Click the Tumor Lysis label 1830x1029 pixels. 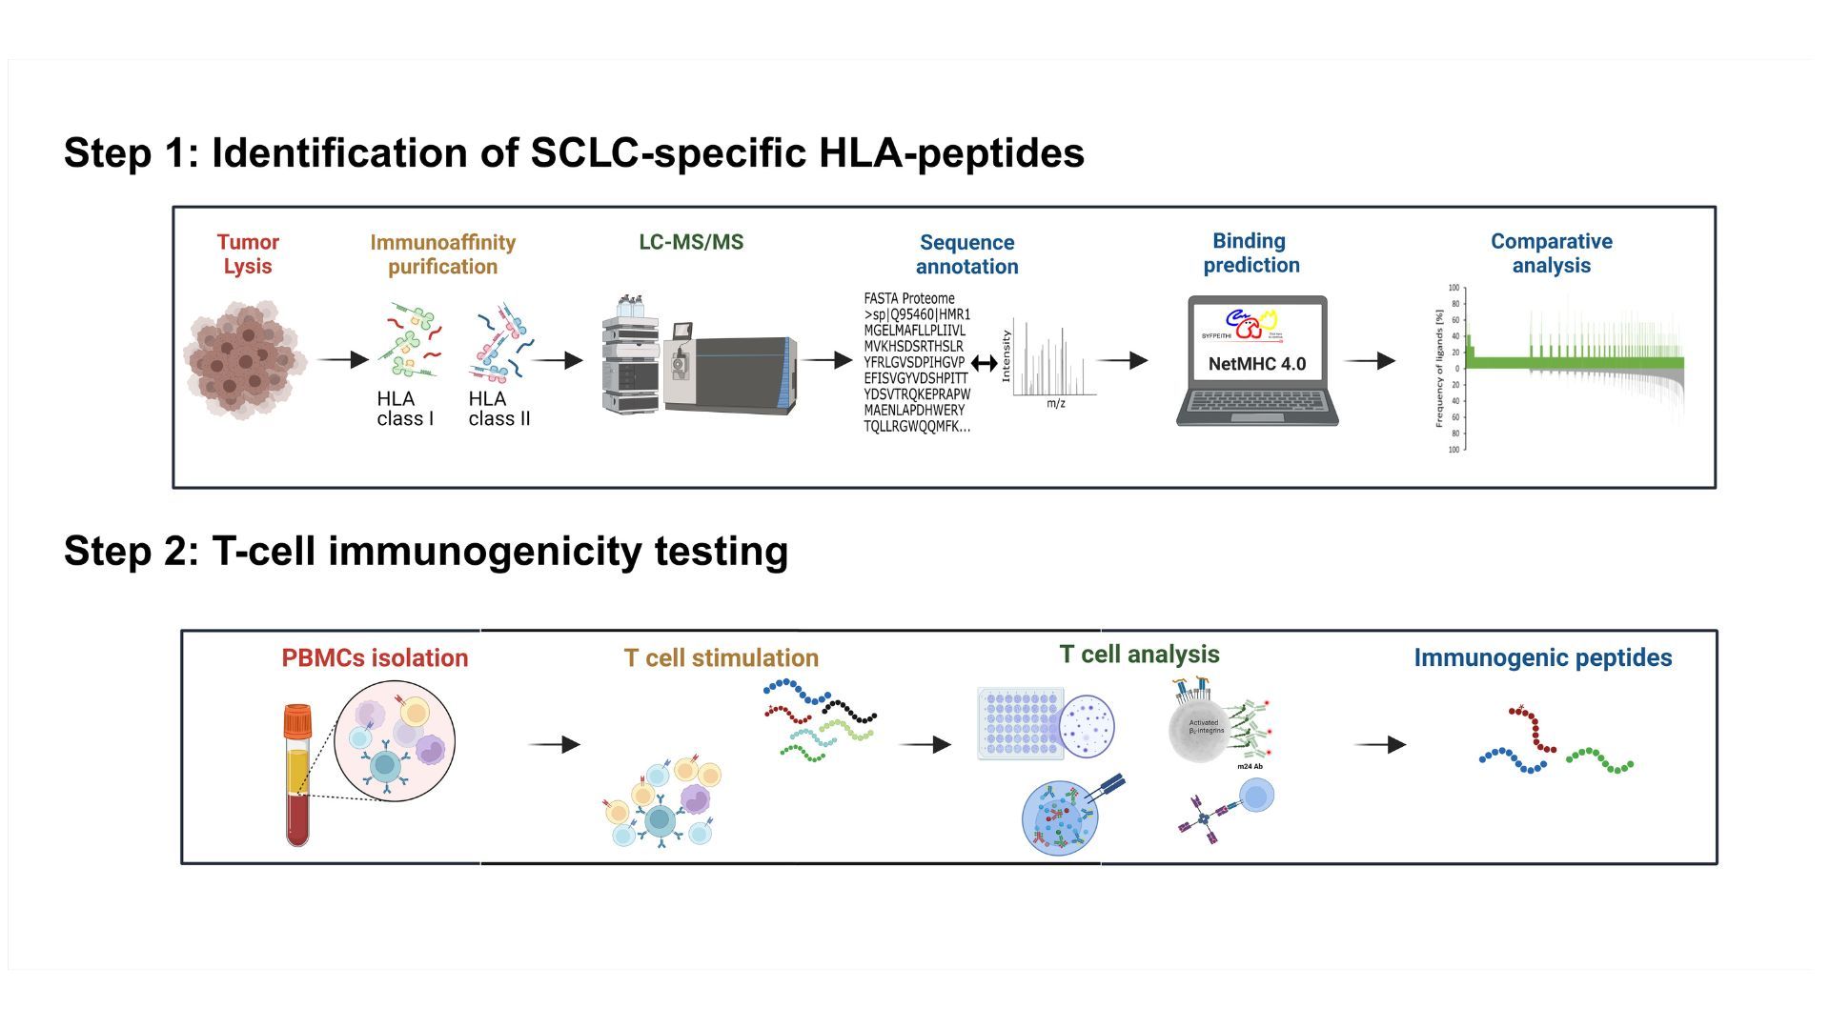248,254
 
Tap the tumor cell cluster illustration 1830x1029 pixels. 245,360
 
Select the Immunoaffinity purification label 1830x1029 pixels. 442,254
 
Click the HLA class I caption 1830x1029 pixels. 404,409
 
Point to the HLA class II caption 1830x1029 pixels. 498,409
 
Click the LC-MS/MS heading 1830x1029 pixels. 691,242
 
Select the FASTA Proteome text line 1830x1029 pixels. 909,298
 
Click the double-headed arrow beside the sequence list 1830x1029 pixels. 985,363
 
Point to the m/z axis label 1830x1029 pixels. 1056,404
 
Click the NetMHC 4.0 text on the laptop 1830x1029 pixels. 1256,364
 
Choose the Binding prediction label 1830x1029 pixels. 1250,253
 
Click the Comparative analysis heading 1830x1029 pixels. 1551,253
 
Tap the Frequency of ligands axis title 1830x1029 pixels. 1439,368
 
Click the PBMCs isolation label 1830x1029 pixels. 375,658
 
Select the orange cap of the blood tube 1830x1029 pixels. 297,720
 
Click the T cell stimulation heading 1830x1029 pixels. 721,658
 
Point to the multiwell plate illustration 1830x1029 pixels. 1021,724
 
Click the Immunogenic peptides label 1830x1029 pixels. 1542,658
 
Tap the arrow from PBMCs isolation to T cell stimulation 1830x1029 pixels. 554,745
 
